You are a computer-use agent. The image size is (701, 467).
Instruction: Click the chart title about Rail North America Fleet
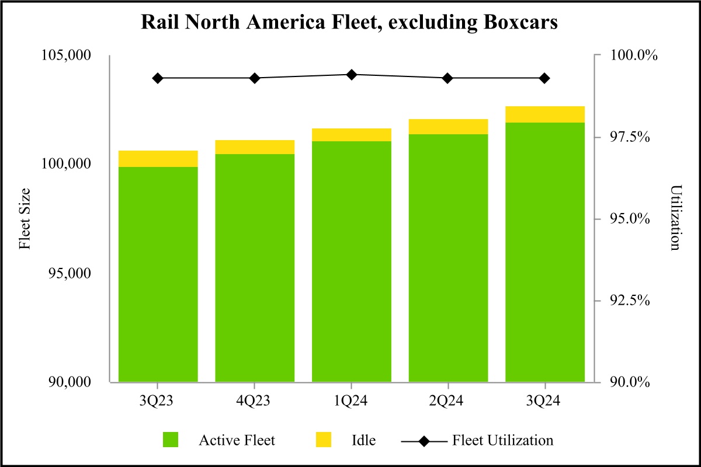click(350, 23)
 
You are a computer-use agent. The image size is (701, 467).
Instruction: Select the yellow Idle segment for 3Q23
click(158, 159)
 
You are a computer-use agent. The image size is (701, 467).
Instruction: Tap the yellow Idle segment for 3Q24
click(544, 114)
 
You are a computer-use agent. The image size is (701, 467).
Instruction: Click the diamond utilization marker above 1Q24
click(352, 75)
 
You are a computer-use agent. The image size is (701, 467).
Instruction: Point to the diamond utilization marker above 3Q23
click(158, 78)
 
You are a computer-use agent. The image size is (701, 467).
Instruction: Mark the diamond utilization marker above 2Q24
click(448, 78)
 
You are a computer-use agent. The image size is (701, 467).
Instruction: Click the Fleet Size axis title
click(25, 219)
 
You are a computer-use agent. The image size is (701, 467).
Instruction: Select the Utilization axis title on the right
click(675, 219)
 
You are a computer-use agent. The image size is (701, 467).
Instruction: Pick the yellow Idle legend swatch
click(323, 440)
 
